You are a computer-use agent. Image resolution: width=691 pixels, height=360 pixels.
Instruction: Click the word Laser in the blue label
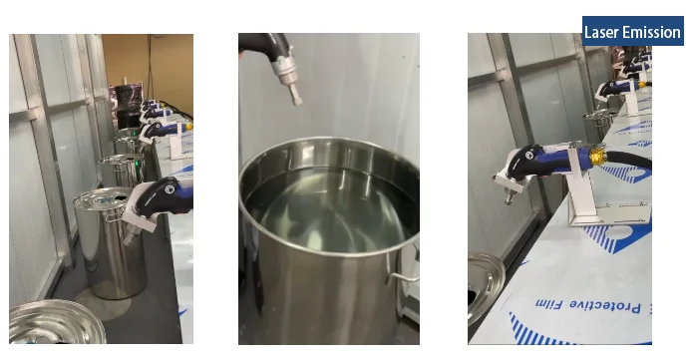(x=600, y=32)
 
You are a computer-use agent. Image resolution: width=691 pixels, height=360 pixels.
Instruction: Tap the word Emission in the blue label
(x=650, y=32)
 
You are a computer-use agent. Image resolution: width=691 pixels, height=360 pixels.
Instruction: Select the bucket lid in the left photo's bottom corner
(x=57, y=321)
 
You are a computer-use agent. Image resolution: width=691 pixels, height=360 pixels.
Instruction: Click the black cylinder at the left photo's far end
(x=127, y=105)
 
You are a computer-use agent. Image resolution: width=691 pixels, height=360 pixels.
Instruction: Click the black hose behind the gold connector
(x=629, y=159)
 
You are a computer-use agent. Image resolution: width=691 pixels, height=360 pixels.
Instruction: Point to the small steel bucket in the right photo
(x=600, y=122)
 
